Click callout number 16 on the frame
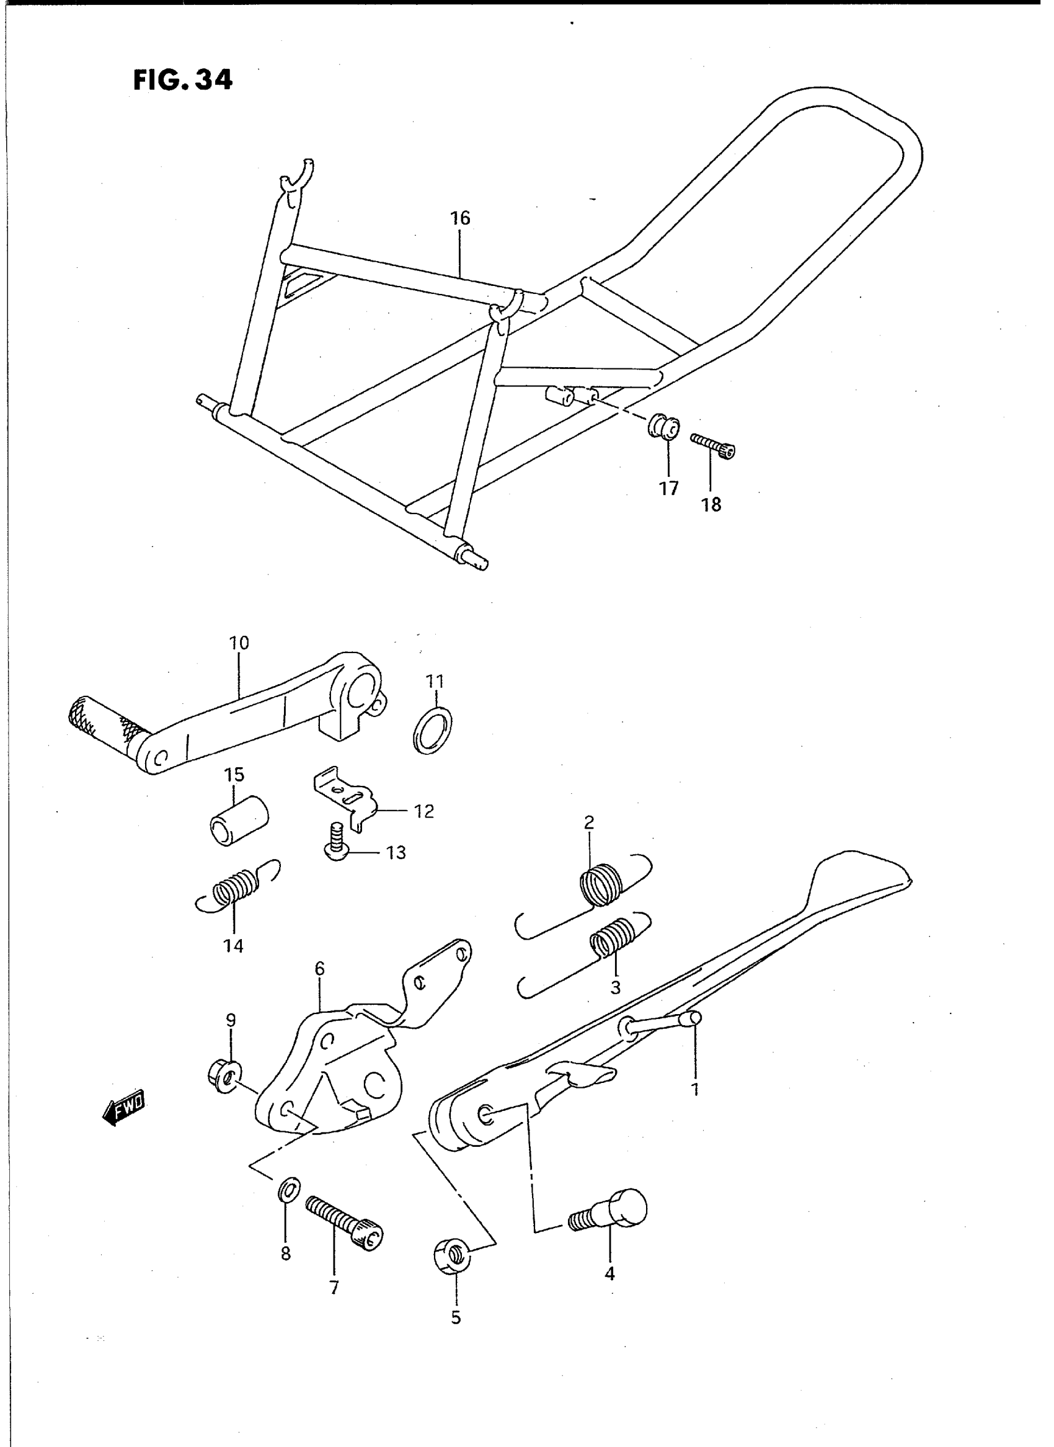point(459,218)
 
